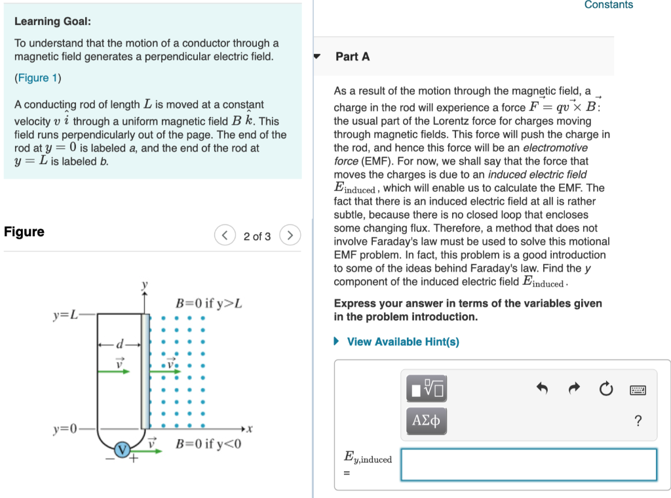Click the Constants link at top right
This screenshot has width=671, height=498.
pos(608,5)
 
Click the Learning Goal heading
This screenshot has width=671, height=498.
pos(52,22)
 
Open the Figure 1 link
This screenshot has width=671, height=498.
pos(38,78)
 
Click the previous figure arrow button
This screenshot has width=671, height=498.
pos(225,236)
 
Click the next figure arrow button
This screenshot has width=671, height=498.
pos(290,236)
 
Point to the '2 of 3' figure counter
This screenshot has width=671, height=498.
pos(257,236)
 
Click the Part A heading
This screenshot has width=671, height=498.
pos(353,57)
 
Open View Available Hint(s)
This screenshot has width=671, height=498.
pos(402,342)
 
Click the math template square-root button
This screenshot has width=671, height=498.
pos(427,388)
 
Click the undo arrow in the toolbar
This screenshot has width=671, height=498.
pos(542,389)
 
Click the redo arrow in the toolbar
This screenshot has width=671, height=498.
pos(574,389)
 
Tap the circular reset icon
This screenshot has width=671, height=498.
pos(606,389)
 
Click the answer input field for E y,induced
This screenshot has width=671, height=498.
pos(528,465)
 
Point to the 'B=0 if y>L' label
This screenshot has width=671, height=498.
pos(209,304)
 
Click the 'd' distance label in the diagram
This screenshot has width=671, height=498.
pos(119,344)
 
